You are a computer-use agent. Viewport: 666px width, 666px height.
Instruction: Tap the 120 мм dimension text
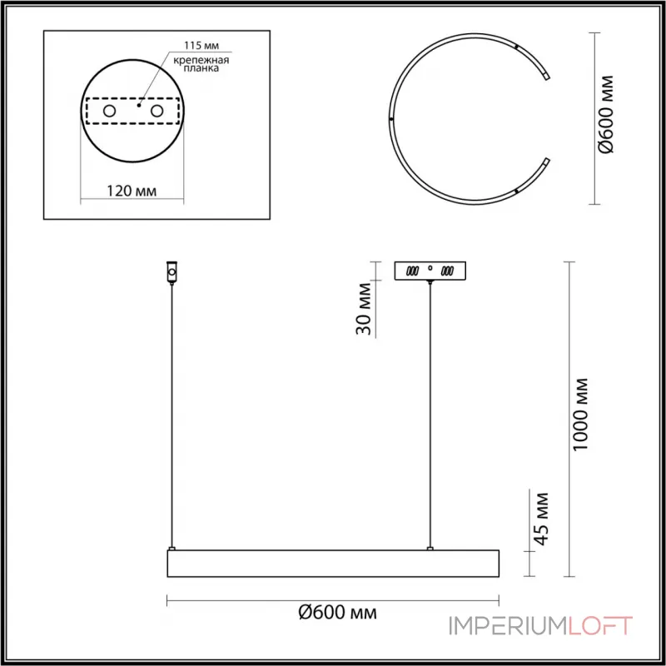click(x=132, y=191)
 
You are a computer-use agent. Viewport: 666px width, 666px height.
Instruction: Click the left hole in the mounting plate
click(x=109, y=111)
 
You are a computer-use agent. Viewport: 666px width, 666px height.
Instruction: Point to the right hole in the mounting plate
click(x=155, y=111)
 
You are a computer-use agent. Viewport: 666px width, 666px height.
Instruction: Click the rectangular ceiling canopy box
click(x=430, y=271)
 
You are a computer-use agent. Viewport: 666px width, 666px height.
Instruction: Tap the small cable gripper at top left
click(x=172, y=272)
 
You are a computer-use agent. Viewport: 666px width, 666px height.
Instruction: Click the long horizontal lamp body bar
click(x=333, y=564)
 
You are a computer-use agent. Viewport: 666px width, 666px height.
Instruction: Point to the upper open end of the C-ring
click(x=546, y=76)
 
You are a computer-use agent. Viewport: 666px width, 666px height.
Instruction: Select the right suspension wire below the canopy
click(x=430, y=416)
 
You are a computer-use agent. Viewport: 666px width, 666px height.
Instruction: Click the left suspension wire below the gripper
click(x=171, y=416)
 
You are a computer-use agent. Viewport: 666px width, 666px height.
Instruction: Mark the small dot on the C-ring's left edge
click(x=392, y=119)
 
